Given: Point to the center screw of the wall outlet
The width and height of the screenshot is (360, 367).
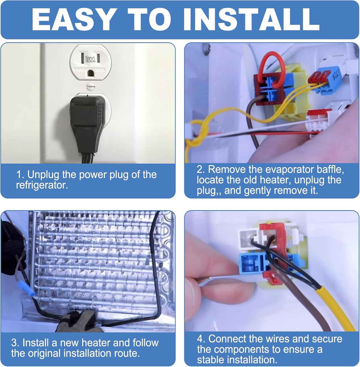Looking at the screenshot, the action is [x=90, y=86].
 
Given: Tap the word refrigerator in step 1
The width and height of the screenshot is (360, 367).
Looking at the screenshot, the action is [x=42, y=185].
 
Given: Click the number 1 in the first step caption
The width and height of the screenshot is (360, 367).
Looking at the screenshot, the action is [x=19, y=175].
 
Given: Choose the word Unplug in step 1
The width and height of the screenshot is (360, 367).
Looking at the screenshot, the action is [x=43, y=175].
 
